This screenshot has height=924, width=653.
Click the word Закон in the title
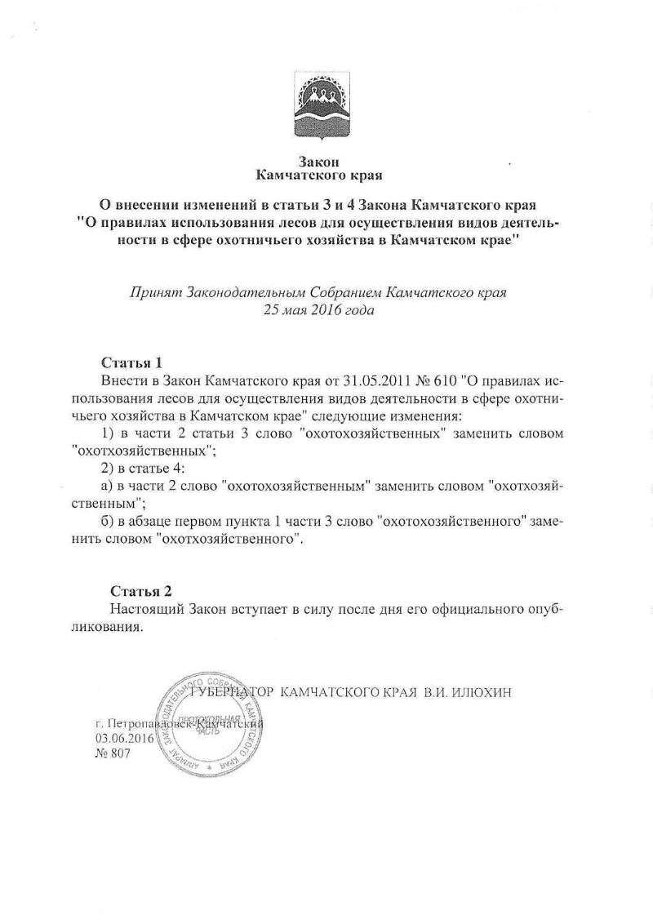pyautogui.click(x=319, y=161)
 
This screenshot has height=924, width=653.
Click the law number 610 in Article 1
pyautogui.click(x=442, y=380)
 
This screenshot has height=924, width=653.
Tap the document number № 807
pyautogui.click(x=113, y=754)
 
